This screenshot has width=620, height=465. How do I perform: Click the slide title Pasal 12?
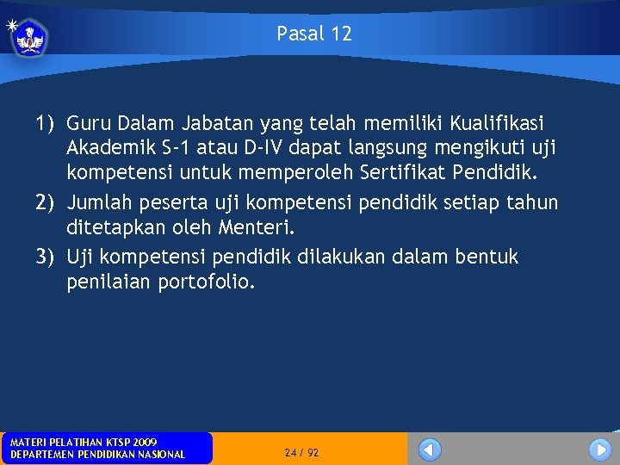pos(314,34)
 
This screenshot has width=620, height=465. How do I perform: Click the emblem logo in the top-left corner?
pos(29,37)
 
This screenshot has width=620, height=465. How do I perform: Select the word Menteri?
pos(258,227)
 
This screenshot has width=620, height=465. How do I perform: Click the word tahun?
pos(532,202)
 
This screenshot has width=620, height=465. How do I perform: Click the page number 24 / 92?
pos(301,452)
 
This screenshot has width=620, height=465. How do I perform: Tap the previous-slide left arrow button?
pos(430,449)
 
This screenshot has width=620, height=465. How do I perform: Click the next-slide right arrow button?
pos(600,449)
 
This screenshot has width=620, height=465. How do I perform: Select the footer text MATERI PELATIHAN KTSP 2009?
pos(84,442)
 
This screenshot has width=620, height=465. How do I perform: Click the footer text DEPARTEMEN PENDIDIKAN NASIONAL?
pos(97,454)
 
